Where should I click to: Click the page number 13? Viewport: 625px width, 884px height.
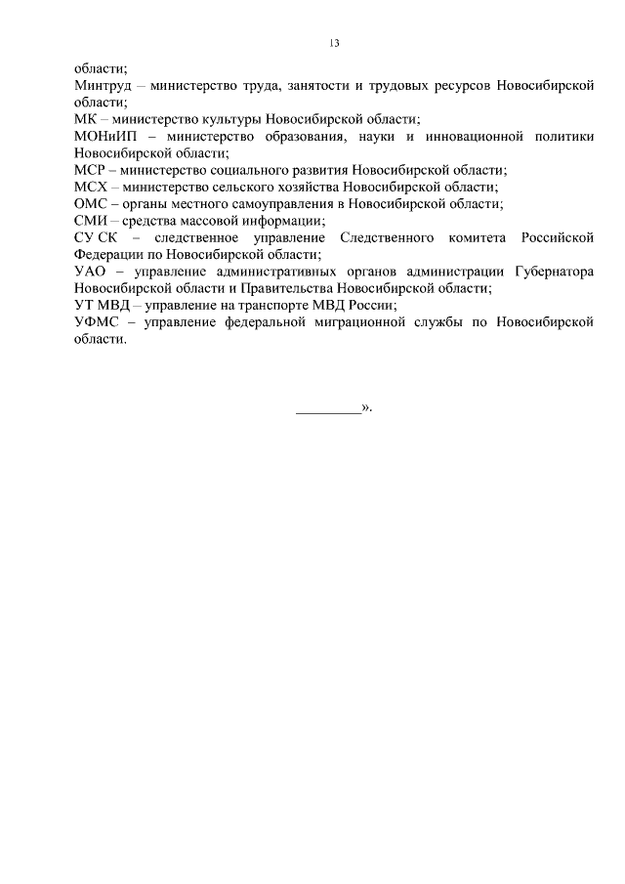pyautogui.click(x=333, y=43)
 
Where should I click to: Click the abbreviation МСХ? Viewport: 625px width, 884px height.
pyautogui.click(x=90, y=188)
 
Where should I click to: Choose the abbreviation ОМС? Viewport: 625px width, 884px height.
pyautogui.click(x=90, y=204)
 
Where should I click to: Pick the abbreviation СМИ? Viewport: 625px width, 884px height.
pyautogui.click(x=90, y=221)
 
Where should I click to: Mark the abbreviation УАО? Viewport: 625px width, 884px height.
pyautogui.click(x=90, y=272)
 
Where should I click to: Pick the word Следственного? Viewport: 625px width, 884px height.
pyautogui.click(x=387, y=238)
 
